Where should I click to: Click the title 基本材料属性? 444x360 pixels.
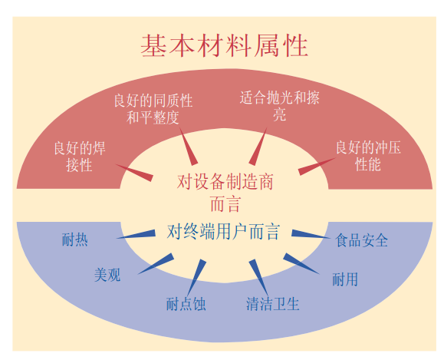[x=224, y=46]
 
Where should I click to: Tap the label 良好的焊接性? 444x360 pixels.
[x=80, y=157]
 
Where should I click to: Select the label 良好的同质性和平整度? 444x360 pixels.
[x=153, y=109]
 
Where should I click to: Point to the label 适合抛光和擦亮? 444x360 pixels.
[x=279, y=106]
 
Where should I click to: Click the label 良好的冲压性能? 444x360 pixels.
[x=368, y=156]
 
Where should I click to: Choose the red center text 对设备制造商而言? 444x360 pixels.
[x=225, y=193]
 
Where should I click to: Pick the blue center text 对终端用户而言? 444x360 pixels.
[x=223, y=232]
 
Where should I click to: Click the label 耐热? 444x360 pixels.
[x=74, y=239]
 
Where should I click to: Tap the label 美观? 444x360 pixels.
[x=107, y=275]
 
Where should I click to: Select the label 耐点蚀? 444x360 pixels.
[x=186, y=304]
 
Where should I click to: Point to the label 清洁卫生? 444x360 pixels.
[x=273, y=304]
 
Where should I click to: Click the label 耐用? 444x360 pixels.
[x=345, y=279]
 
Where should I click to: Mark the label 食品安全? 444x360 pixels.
[x=362, y=240]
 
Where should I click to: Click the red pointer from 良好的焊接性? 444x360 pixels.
[x=134, y=173]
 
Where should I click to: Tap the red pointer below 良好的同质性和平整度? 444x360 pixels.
[x=189, y=147]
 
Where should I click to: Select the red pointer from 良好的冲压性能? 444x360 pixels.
[x=317, y=167]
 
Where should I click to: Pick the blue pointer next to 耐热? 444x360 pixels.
[x=136, y=234]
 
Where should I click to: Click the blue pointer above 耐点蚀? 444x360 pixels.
[x=197, y=277]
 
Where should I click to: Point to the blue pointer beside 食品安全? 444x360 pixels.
[x=311, y=234]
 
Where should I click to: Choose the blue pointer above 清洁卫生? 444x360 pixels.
[x=258, y=277]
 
